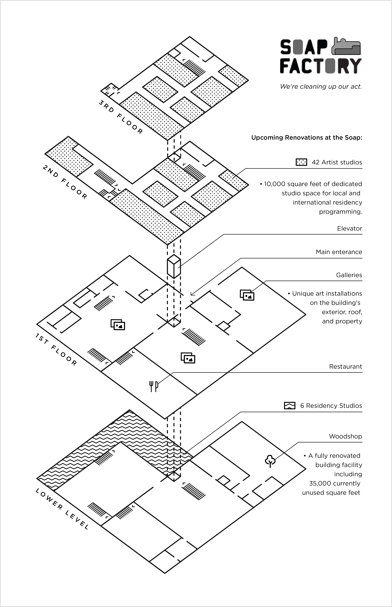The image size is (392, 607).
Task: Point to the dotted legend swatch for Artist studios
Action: (301, 162)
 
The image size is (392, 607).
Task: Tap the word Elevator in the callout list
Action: (350, 228)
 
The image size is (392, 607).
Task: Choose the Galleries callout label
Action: (349, 275)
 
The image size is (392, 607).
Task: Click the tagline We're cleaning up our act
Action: (321, 87)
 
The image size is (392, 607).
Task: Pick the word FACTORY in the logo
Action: (321, 66)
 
